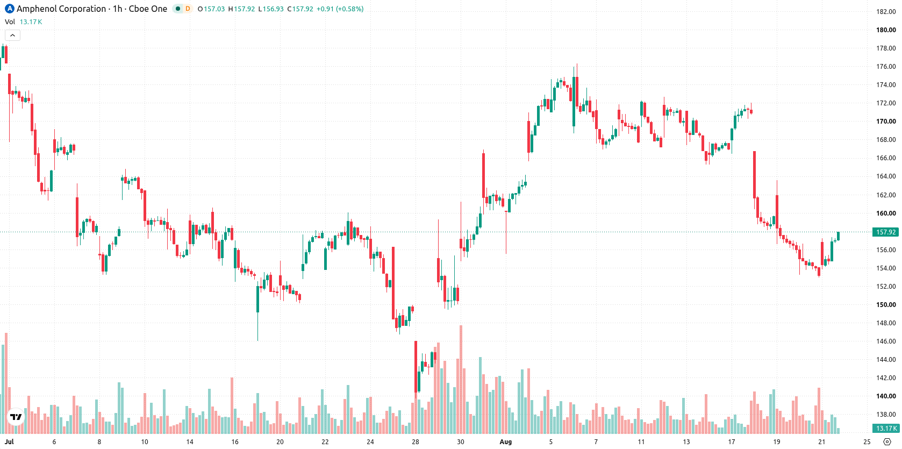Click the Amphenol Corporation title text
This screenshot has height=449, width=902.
point(61,9)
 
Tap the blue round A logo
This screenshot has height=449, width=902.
point(9,9)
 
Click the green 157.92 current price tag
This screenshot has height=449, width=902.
point(885,232)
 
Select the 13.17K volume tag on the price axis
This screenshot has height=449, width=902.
point(885,429)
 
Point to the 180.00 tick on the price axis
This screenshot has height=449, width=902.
point(886,30)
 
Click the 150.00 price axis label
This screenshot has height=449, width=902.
point(886,304)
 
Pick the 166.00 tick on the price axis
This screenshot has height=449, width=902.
point(886,158)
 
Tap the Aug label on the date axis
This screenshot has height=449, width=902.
point(506,442)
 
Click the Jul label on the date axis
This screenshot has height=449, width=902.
point(9,442)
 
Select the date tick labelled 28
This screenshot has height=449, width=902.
point(415,442)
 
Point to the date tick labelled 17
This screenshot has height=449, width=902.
point(731,442)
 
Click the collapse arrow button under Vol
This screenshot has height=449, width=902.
point(12,35)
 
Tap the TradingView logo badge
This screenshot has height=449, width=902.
point(16,417)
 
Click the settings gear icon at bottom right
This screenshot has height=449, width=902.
point(887,442)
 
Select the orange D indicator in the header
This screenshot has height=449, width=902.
point(188,9)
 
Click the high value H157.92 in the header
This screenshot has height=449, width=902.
point(241,9)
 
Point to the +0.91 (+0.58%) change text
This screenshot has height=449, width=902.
point(340,9)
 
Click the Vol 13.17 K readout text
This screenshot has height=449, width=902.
point(23,22)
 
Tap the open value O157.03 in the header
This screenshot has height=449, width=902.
point(211,9)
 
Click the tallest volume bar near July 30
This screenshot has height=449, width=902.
point(461,379)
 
